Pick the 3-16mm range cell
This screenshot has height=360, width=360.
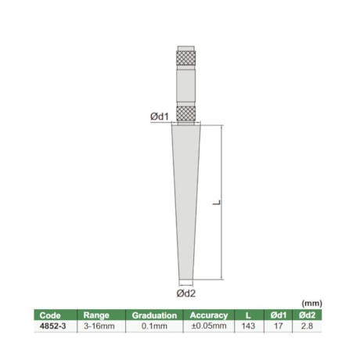(97, 327)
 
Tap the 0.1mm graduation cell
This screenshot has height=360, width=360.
(153, 327)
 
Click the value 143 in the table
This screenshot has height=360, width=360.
(249, 327)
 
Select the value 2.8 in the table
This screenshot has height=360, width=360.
(308, 327)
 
